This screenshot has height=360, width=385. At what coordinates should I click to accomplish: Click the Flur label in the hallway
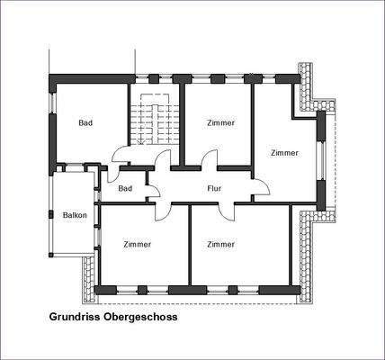tap(213, 189)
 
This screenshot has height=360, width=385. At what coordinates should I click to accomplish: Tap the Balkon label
tap(75, 216)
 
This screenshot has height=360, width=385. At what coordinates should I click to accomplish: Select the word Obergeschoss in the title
tap(144, 318)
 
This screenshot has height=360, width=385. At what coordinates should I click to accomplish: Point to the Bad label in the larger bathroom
tap(85, 123)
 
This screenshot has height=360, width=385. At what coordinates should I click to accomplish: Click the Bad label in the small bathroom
tap(125, 188)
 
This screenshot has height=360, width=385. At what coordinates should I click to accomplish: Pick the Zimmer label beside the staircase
tap(220, 123)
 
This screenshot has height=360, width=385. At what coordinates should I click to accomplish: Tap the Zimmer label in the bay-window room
tap(284, 153)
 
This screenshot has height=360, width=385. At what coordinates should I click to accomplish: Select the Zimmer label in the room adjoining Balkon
tap(137, 244)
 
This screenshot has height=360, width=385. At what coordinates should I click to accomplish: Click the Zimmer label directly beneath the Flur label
tap(220, 244)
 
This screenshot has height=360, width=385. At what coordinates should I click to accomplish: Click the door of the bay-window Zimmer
tap(260, 188)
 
